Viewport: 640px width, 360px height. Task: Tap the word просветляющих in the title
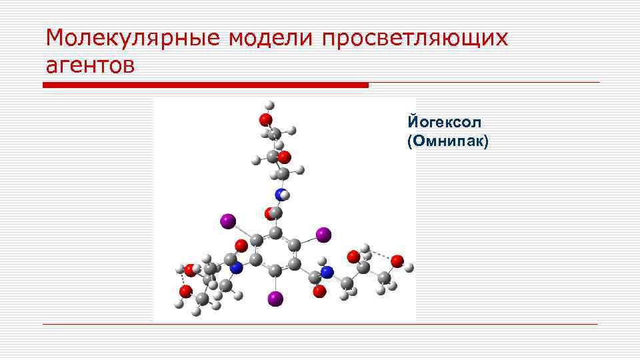[x=415, y=38]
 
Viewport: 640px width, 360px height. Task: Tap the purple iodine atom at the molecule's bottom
[x=275, y=299]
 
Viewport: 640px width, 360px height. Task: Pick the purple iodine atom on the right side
[x=323, y=235]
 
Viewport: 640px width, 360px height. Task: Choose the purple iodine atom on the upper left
[x=228, y=220]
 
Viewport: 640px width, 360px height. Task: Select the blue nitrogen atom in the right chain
[x=327, y=272]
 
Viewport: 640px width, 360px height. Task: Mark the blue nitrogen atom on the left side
[x=235, y=267]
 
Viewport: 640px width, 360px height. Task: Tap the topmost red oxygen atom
[x=265, y=119]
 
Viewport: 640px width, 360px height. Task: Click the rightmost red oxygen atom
[x=397, y=261]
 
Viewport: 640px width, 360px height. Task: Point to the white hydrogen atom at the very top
[x=269, y=105]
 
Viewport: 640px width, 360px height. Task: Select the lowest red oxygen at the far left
[x=186, y=291]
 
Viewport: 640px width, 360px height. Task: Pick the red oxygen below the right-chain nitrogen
[x=320, y=290]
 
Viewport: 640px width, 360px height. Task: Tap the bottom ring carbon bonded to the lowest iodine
[x=274, y=269]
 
